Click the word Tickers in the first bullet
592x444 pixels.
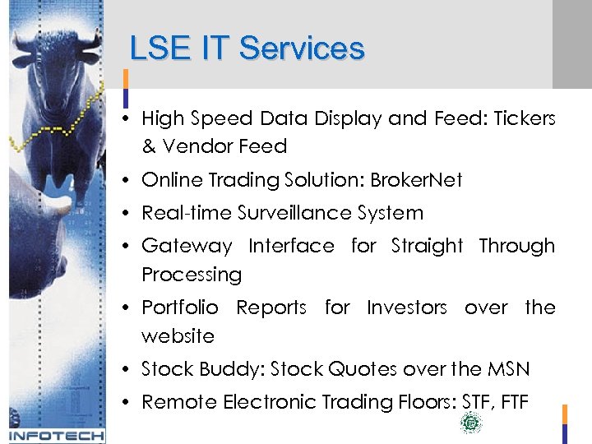tap(524, 118)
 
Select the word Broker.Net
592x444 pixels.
tap(416, 180)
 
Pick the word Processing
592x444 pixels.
tap(192, 275)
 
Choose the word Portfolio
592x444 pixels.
tap(180, 308)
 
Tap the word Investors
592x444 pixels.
tap(406, 308)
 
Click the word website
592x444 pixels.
tap(178, 336)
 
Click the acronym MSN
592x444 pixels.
tap(509, 369)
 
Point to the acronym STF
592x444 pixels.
tap(470, 402)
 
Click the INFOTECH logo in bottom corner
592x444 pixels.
tap(56, 435)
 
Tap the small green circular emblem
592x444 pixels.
tap(471, 423)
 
